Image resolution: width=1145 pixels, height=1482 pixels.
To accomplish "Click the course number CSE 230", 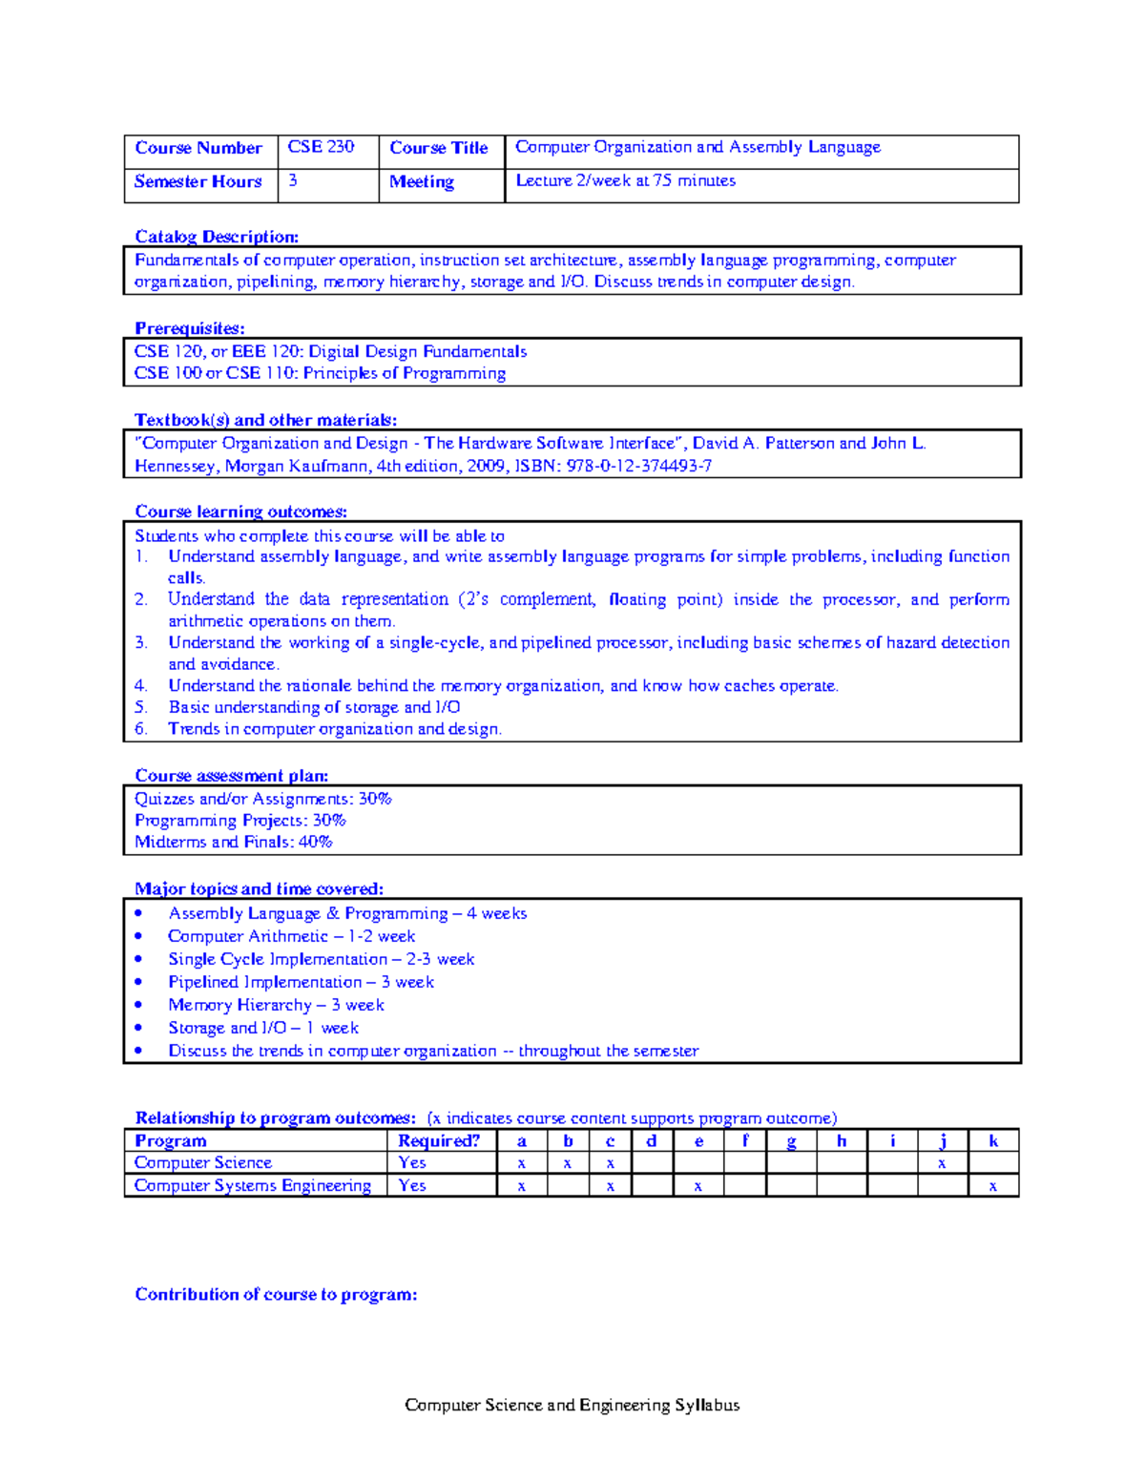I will point(321,147).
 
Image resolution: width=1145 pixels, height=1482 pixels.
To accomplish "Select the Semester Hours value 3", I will point(293,180).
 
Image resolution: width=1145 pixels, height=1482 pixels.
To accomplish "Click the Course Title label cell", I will point(439,148).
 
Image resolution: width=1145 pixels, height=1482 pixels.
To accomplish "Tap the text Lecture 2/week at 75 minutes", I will point(625,180).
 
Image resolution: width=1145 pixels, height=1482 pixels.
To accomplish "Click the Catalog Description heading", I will point(217,237).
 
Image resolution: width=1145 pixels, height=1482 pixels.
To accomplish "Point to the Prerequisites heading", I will point(189,328).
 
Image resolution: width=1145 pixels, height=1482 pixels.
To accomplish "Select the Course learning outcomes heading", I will point(240,511).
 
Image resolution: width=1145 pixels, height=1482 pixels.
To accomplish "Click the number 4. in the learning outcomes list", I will point(141,685).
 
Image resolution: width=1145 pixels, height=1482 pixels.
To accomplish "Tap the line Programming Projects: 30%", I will point(239,820).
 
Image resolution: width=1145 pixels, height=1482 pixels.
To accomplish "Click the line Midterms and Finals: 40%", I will point(233,842).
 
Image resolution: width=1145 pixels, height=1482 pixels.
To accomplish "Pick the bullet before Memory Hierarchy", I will point(139,1005).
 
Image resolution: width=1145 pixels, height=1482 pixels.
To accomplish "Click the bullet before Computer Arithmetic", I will point(139,936).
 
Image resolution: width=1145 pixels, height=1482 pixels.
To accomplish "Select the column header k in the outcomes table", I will point(993,1140).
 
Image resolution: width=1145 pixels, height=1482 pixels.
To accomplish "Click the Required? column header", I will point(439,1140).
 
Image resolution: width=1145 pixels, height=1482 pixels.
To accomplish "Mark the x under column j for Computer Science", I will point(942,1163).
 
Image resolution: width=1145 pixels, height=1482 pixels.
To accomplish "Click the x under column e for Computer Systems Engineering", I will point(698,1186).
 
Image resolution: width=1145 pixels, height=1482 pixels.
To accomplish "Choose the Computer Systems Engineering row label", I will point(253,1185).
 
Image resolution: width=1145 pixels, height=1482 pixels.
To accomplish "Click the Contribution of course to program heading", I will point(276,1294).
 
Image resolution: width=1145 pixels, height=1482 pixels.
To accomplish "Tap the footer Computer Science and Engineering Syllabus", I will point(572,1405).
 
